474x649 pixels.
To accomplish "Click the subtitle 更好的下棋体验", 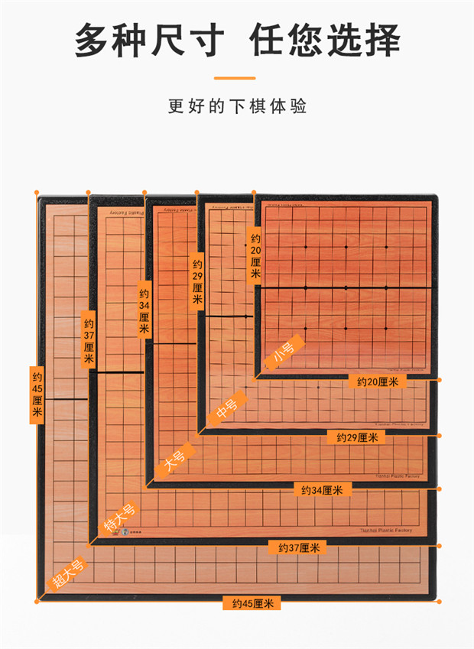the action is (237, 105).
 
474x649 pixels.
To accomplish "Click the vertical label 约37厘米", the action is (88, 340).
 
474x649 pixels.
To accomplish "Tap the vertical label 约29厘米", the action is (197, 282).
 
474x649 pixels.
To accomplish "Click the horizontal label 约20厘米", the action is (377, 381).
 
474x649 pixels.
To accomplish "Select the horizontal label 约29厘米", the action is (356, 437).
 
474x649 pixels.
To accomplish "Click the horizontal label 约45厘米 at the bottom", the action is (252, 603).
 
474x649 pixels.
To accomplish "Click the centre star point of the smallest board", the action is (346, 287).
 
